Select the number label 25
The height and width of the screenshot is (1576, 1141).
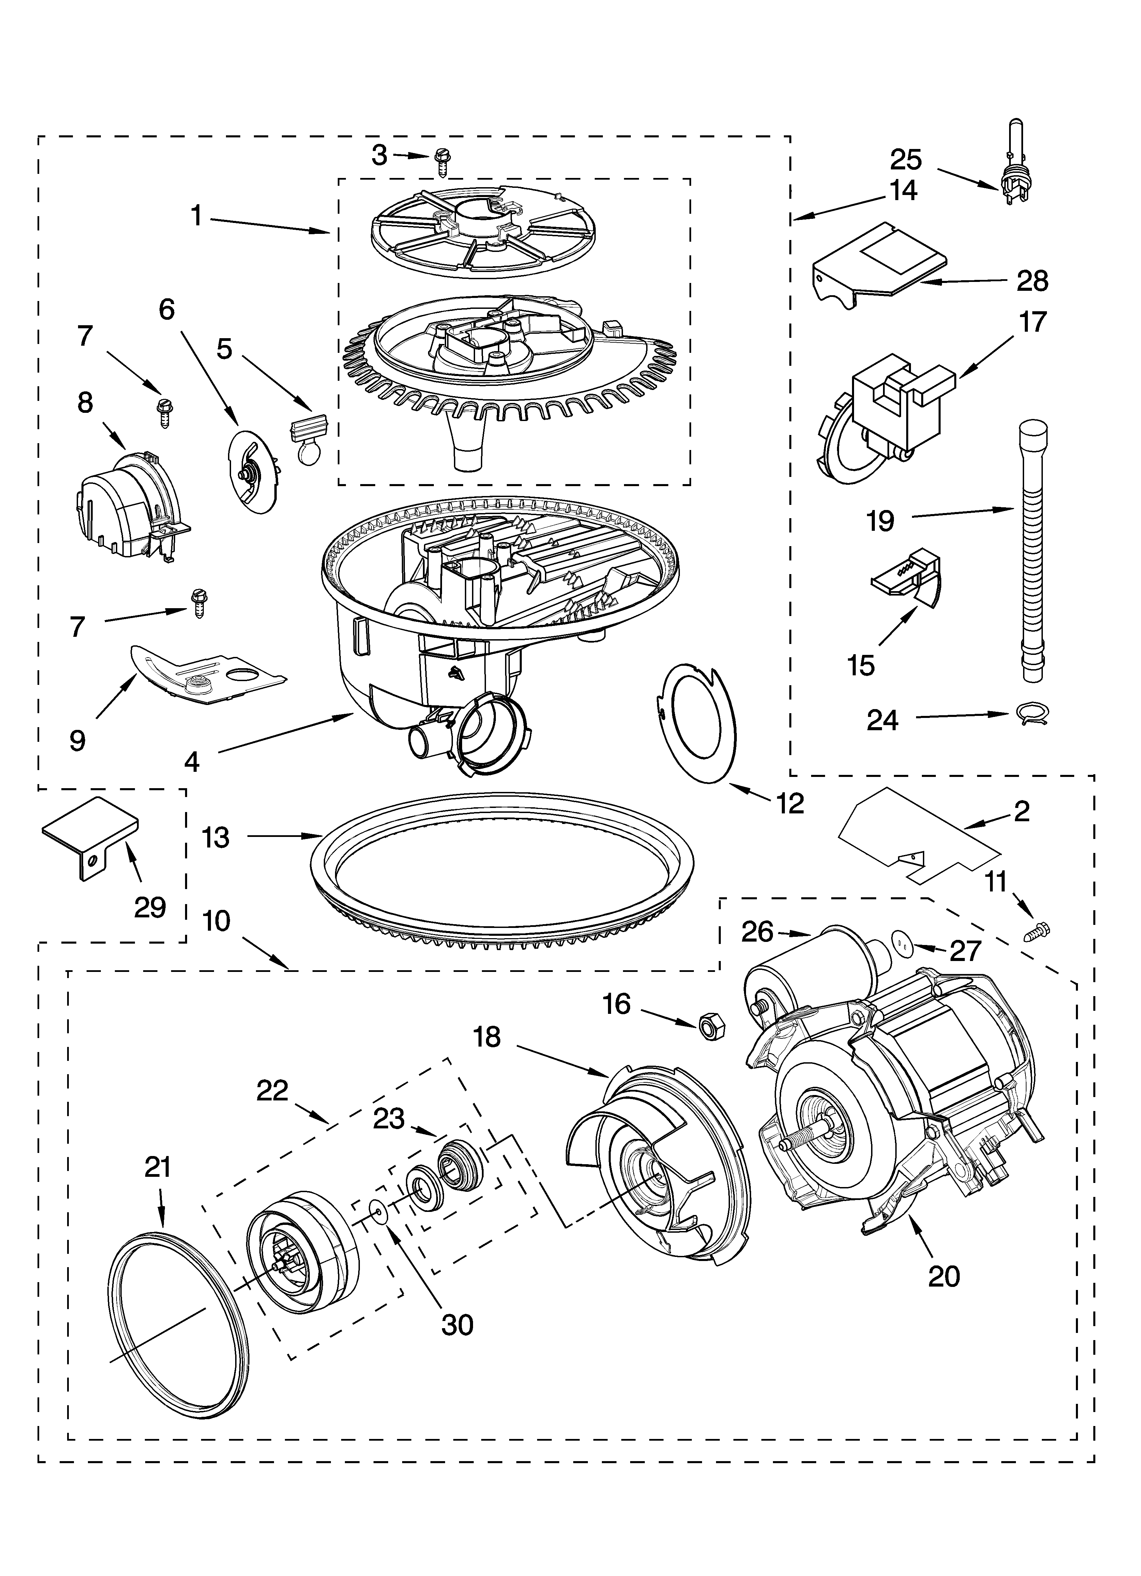[906, 160]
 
